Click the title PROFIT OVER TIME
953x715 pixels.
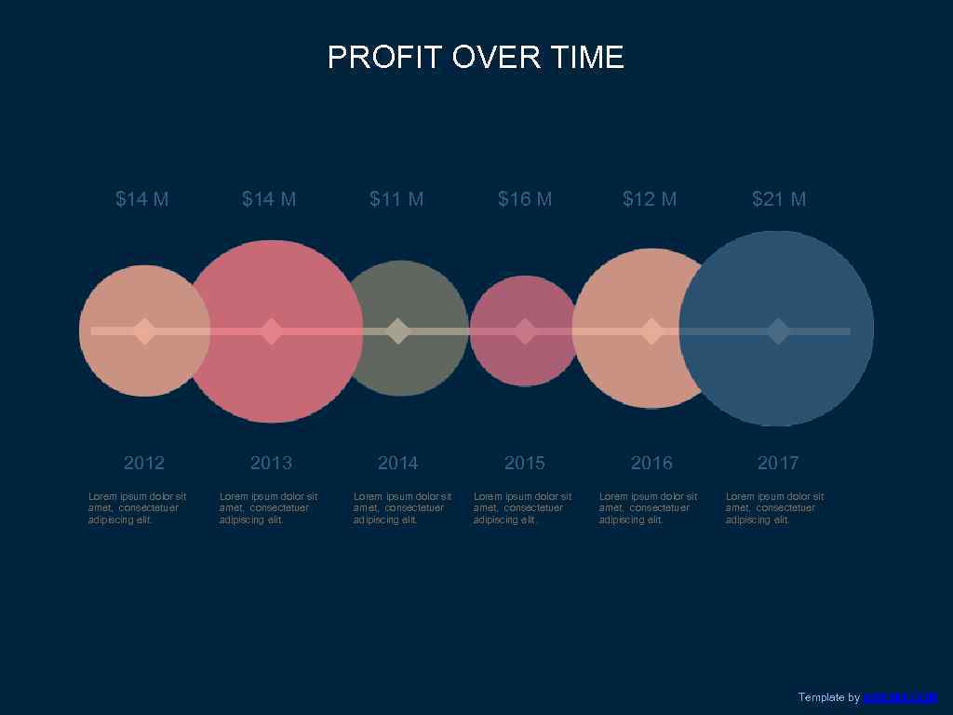point(476,58)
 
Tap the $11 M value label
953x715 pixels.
point(396,199)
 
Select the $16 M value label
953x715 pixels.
point(525,199)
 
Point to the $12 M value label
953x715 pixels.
point(650,199)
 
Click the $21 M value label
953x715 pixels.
point(779,199)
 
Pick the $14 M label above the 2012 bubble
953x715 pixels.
point(142,199)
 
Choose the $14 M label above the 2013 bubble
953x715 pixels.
point(269,199)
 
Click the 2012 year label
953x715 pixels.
point(144,463)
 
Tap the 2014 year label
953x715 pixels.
point(398,463)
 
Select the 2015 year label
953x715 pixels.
point(525,463)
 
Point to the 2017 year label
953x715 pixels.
point(778,463)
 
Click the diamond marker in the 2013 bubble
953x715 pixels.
point(271,331)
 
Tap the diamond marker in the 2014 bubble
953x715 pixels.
point(398,331)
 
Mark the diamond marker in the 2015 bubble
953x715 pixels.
point(525,331)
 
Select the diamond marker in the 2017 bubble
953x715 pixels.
point(778,331)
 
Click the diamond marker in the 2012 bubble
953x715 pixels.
point(144,331)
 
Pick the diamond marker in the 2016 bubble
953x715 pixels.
point(651,331)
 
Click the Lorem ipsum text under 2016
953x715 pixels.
point(648,508)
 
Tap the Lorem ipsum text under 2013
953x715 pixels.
point(268,508)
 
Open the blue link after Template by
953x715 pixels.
point(900,697)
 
